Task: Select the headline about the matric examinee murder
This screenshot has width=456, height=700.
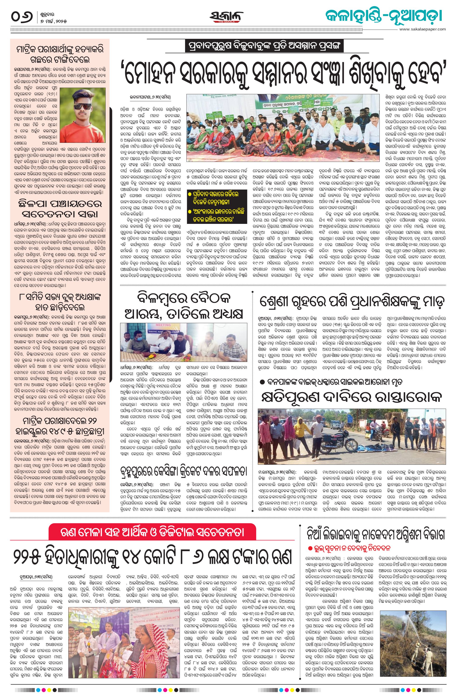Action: [x=60, y=54]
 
